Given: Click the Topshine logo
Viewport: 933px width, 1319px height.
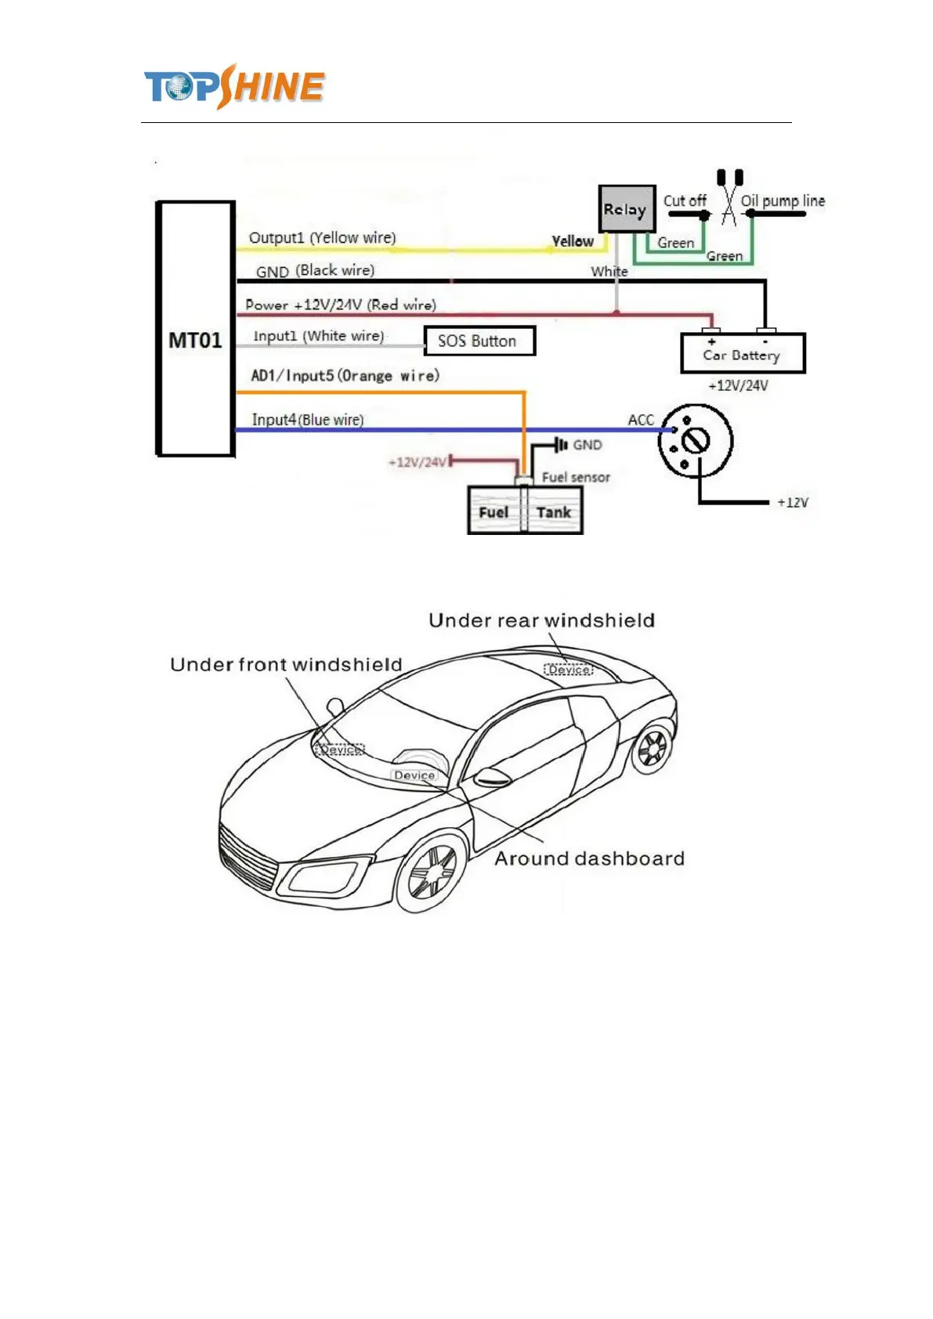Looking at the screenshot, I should (233, 86).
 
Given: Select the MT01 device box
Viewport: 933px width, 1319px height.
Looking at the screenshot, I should (196, 329).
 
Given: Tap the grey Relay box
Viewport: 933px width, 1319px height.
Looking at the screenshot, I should (626, 209).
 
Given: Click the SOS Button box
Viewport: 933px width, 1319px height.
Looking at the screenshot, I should (479, 341).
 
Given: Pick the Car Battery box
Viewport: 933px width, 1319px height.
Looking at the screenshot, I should (742, 354).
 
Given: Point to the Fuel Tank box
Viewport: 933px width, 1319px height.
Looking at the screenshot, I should (524, 511).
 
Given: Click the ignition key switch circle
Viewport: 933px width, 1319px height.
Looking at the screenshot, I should (695, 441).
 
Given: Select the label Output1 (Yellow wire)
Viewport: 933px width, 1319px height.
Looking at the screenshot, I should (322, 237).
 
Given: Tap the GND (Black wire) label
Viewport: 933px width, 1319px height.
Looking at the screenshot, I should (315, 271).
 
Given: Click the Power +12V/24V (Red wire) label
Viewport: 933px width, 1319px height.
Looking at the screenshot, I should (340, 305).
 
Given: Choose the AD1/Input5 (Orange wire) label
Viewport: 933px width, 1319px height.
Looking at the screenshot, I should (345, 375).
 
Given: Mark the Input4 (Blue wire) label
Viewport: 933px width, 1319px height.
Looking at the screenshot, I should (307, 420).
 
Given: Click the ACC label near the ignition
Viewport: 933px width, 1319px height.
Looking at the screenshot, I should (640, 420).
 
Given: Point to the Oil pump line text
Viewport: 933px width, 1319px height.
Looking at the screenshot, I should (782, 201).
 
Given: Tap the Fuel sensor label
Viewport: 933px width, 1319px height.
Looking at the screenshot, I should (575, 477).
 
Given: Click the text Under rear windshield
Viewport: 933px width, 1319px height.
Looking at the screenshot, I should (541, 620).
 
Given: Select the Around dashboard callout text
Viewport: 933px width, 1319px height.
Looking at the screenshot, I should (589, 858).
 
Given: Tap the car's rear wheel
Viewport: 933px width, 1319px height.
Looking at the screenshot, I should (652, 748).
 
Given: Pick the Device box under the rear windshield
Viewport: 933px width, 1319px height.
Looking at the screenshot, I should (569, 670).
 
